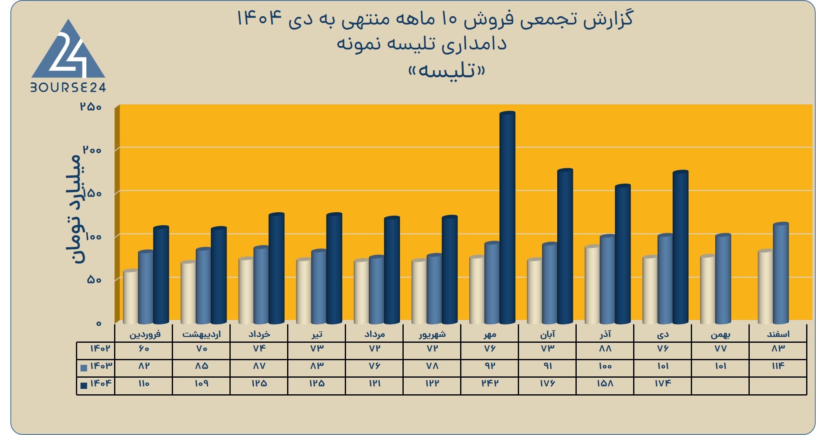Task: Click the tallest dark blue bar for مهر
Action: click(507, 218)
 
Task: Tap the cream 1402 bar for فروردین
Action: click(131, 297)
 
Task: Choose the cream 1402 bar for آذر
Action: click(592, 285)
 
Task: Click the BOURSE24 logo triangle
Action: click(68, 51)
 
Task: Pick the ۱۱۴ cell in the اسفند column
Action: click(778, 366)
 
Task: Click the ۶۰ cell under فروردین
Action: click(144, 349)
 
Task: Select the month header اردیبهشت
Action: click(202, 334)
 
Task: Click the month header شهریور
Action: click(432, 334)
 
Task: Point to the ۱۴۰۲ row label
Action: click(100, 348)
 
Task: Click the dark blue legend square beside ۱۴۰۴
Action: click(84, 385)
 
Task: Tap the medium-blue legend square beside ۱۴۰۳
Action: click(84, 368)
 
